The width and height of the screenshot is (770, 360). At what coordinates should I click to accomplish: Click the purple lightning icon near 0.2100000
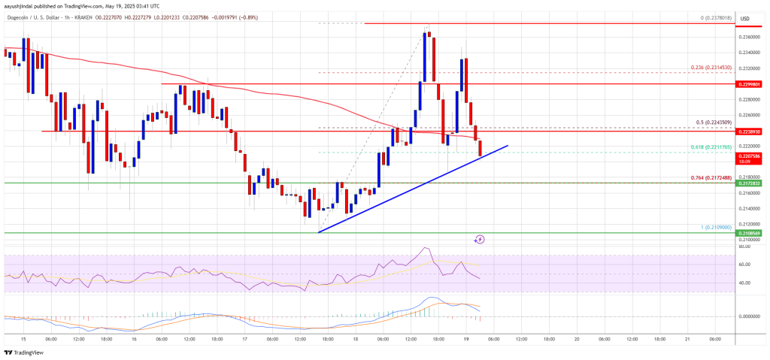pyautogui.click(x=480, y=239)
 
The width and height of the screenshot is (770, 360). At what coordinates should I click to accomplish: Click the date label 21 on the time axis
pyautogui.click(x=687, y=339)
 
